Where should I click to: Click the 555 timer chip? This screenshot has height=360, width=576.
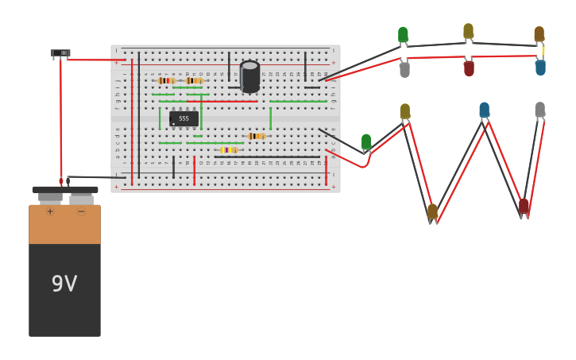point(184,118)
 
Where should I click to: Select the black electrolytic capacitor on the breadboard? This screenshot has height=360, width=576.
point(249,77)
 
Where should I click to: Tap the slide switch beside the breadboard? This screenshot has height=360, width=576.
point(60,53)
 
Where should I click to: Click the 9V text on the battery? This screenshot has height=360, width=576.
point(64,284)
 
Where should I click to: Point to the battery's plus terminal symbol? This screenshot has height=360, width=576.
point(50,211)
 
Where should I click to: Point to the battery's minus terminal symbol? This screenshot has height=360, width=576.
point(81,211)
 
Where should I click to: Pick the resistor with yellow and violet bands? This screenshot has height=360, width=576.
point(229,149)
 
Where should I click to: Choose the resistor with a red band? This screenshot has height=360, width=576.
point(166,80)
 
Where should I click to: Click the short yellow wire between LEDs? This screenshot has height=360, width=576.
point(543,51)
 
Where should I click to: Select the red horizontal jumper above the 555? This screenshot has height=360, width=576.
point(230,102)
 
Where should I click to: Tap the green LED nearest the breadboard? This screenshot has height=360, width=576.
point(366,141)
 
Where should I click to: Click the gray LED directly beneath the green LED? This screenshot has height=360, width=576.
point(404,69)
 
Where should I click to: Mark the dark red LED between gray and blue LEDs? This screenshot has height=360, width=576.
point(469,68)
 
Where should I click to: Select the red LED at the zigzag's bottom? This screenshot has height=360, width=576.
point(524,206)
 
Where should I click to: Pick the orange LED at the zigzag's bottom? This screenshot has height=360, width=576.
point(432,211)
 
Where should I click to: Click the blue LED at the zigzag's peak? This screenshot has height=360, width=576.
point(484,110)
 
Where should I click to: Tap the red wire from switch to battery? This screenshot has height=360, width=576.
point(60,119)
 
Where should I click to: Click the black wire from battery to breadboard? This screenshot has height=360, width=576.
point(95,177)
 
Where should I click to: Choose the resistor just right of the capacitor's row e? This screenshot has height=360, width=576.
point(256,136)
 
